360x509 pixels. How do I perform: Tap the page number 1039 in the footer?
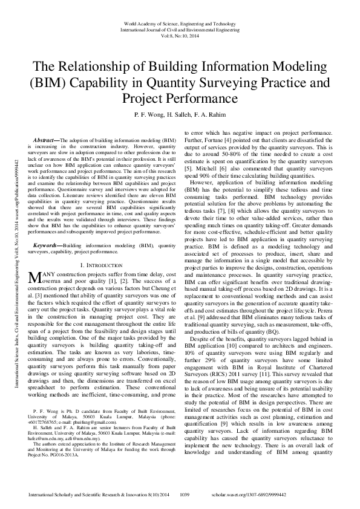coord(186,494)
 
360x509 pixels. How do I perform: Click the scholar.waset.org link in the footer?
coord(286,494)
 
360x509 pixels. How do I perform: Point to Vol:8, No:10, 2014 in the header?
coord(180,35)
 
